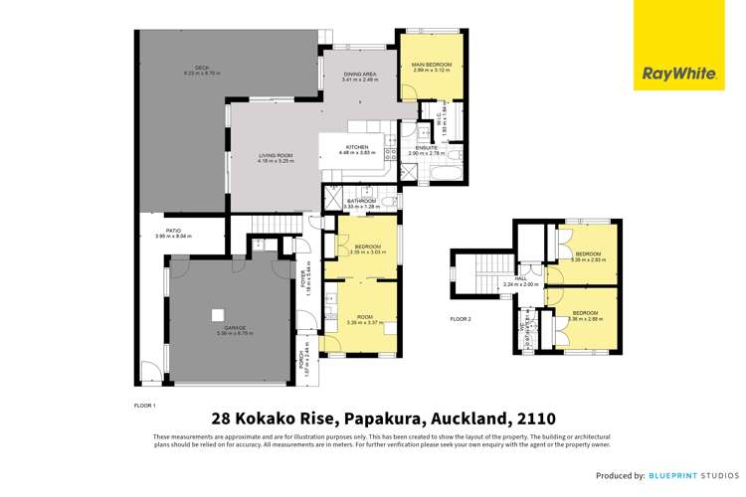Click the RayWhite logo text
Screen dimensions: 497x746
pyautogui.click(x=673, y=74)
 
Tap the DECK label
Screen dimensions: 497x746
pyautogui.click(x=202, y=68)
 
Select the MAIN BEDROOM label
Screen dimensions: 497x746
pyautogui.click(x=432, y=66)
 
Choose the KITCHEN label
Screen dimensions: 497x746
pyautogui.click(x=357, y=147)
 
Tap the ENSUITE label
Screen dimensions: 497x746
pyautogui.click(x=427, y=148)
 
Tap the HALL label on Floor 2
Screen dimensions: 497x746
pyautogui.click(x=521, y=279)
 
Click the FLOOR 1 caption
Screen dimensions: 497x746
pyautogui.click(x=144, y=406)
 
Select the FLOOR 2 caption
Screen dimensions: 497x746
pyautogui.click(x=460, y=319)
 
